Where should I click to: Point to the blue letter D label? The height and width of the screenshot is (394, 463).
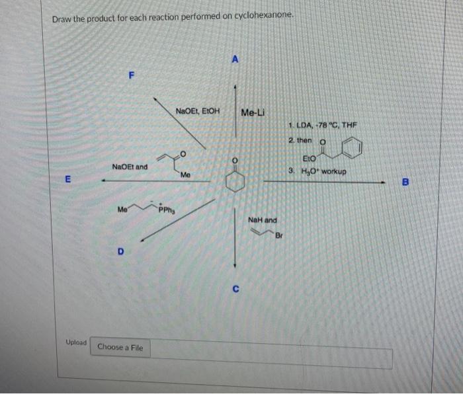pos(120,251)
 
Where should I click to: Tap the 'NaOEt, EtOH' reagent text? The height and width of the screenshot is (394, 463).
pos(198,110)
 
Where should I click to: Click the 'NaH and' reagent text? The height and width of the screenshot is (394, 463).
pos(263,219)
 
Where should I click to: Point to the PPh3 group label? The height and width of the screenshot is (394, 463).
pos(167,212)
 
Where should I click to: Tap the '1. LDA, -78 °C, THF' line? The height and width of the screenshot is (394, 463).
pos(323,126)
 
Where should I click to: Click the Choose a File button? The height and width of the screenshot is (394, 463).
pos(120,347)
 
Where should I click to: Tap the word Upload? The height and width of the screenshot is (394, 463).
pos(76,342)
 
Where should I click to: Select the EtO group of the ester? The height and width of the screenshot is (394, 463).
pos(308,159)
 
